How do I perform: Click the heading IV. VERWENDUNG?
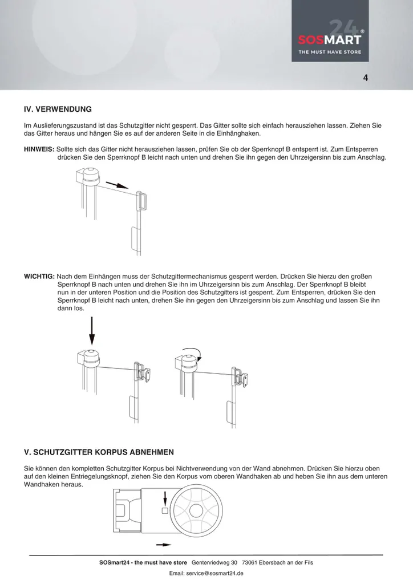tap(58, 108)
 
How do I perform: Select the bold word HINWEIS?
tap(39, 149)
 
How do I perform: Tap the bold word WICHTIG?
tap(39, 276)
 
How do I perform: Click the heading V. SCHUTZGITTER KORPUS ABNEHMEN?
tap(99, 452)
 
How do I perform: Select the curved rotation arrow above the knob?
tap(190, 350)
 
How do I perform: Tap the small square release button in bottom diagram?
tap(165, 510)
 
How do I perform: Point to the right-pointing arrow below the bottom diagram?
tap(165, 545)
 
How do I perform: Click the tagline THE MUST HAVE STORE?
tap(330, 52)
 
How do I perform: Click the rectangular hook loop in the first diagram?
tap(142, 201)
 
